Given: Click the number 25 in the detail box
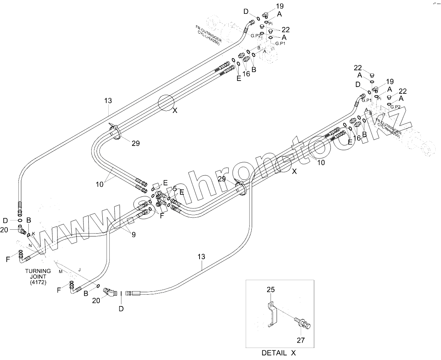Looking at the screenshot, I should pos(271,290).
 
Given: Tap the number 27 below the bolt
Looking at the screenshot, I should pos(301,340).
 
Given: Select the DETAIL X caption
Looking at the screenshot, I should pos(278,353).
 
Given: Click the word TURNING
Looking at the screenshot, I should pos(38,271).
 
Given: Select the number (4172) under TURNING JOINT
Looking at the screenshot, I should pos(38,283).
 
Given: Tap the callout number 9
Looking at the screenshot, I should pos(134,235).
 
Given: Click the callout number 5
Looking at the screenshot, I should pos(175,189).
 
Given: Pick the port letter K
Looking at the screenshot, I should pos(33,233).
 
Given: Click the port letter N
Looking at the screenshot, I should pos(30,245).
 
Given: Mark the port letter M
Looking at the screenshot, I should pos(60,272).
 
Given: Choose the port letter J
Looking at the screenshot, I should pos(80,270).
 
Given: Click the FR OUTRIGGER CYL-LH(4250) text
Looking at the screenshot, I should pos(208,34).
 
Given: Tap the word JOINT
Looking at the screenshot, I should pos(38,277).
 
